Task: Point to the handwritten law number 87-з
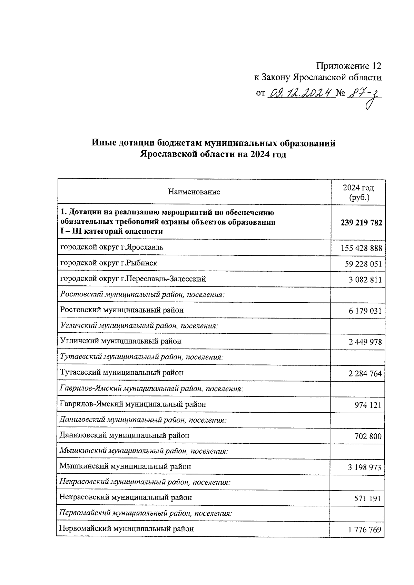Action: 365,94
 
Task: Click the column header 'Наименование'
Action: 194,192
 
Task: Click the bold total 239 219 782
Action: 361,223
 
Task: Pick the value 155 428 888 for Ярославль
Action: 361,248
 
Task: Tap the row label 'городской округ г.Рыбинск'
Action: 109,263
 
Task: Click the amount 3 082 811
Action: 365,280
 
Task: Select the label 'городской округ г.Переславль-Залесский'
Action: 133,279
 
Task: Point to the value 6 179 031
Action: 365,311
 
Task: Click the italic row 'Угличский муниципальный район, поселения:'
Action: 139,325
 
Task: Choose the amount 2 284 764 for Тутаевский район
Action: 365,373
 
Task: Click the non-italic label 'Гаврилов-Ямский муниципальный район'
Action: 133,404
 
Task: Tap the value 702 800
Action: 368,436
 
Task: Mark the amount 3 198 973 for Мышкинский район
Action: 365,467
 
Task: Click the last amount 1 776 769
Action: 365,529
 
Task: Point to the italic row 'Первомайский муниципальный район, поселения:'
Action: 146,513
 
